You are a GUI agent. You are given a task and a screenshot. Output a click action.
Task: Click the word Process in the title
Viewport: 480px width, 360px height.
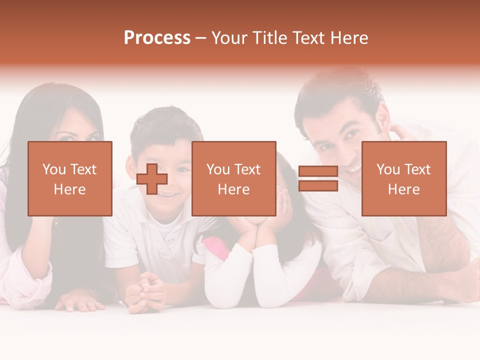point(157,38)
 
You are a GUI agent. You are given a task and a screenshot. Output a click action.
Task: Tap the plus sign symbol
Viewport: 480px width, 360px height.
point(152,178)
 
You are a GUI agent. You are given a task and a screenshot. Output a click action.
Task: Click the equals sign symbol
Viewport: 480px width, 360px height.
point(318,178)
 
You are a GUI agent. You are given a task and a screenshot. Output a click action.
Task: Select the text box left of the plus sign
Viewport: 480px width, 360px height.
point(70,178)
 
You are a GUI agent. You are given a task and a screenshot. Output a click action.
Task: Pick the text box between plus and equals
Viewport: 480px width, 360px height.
point(233,178)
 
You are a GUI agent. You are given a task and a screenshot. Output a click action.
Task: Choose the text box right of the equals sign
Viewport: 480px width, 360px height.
point(403,178)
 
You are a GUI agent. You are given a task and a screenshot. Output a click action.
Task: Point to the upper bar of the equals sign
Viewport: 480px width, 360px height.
point(318,171)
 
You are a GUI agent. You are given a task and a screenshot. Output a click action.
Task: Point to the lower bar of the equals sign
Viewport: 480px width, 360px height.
point(318,185)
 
